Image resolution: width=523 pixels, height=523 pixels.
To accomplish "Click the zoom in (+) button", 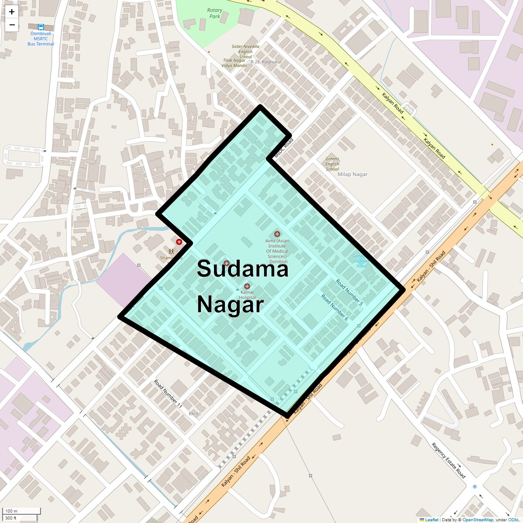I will [x=12, y=12].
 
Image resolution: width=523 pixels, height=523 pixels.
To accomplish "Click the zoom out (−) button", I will [x=12, y=25].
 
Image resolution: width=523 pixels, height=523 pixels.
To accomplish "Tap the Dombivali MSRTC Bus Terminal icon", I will [x=41, y=27].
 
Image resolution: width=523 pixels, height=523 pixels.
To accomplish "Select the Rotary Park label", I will [x=215, y=13].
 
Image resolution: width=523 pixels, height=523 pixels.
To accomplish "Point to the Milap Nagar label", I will [x=353, y=174].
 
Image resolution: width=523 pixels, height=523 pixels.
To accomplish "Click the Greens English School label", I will [x=332, y=164].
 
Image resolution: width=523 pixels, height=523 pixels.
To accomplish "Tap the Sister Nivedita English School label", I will [x=245, y=51].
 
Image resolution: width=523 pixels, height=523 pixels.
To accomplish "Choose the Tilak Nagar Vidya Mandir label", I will [x=234, y=63].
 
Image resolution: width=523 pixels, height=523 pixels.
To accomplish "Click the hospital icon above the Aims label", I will [x=277, y=234].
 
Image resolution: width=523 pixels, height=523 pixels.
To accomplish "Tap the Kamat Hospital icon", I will [x=247, y=286].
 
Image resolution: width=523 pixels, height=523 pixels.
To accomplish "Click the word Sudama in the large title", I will [x=242, y=268].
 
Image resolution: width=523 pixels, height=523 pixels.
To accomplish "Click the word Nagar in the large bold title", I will [x=231, y=304].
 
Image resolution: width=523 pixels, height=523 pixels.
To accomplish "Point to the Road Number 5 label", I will [x=349, y=292].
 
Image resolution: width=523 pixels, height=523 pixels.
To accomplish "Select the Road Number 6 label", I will [x=335, y=307].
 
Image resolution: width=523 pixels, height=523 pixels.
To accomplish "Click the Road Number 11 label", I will [x=168, y=394].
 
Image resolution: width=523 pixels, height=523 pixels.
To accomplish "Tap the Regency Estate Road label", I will [x=448, y=460].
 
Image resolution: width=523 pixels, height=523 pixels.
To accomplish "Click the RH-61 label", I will [x=195, y=414].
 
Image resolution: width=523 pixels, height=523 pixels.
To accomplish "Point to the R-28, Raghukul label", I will [x=266, y=62].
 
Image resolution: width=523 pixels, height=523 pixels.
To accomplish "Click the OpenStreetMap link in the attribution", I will [x=478, y=520].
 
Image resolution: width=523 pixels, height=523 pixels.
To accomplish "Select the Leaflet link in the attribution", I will [x=431, y=520].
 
